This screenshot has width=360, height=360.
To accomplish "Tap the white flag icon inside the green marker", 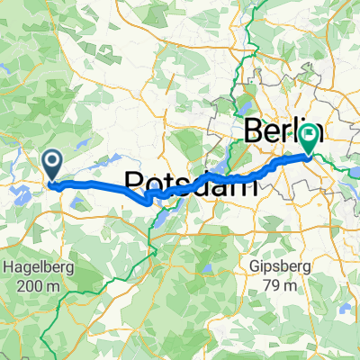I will point(310,137).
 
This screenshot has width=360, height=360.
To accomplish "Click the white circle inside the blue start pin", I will point(53,161).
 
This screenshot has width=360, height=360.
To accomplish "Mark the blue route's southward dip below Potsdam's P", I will point(148,202).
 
